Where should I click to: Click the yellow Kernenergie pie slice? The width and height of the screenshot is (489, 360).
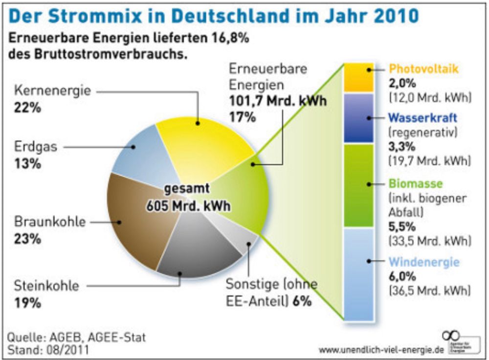pos(200,142)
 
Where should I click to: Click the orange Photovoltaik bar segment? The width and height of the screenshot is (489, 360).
pos(359,77)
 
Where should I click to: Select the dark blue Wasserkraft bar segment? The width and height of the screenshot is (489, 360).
pos(359,118)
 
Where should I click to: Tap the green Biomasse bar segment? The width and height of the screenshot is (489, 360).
pos(359,185)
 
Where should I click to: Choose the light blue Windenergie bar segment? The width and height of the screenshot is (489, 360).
pos(359,274)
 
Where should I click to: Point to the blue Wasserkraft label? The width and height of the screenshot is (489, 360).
pos(422,118)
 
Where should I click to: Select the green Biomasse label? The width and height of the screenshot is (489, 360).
pos(415,184)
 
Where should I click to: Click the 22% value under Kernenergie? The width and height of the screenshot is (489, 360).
pos(27,108)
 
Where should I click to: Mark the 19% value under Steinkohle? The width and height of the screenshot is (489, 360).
pos(27,303)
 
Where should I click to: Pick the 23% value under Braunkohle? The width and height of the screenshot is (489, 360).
pos(27,240)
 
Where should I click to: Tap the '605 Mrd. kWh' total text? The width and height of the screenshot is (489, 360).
pos(188,206)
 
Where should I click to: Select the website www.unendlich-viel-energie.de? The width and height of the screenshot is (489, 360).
pos(381,350)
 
